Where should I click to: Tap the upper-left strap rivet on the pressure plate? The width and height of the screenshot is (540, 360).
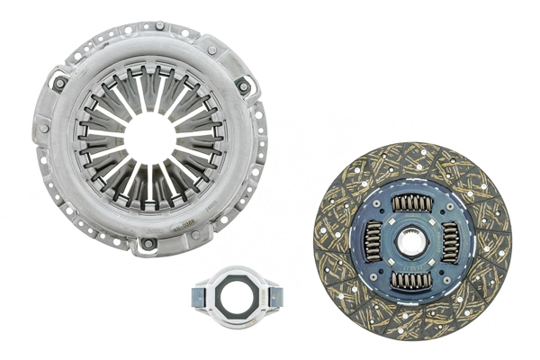59,84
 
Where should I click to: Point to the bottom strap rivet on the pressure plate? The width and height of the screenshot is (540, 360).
148,243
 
